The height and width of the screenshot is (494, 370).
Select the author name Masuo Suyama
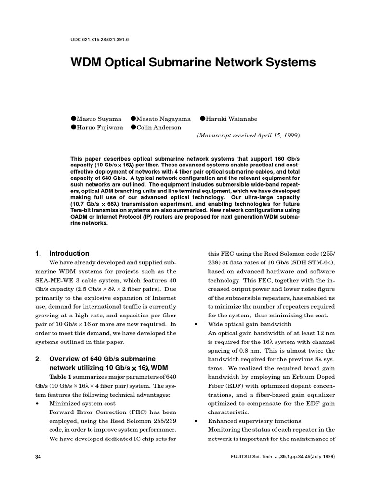coord(102,119)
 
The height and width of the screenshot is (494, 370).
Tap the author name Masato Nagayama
coord(163,119)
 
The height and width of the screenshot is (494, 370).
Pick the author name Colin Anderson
coord(159,127)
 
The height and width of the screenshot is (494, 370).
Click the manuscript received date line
coord(248,136)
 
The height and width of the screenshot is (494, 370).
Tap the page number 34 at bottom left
coord(39,456)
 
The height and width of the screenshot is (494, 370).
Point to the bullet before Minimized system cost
coord(38,403)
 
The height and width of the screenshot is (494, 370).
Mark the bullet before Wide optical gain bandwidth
coord(196,324)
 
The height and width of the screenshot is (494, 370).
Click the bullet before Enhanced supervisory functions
coord(196,421)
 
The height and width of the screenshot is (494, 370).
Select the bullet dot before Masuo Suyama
coord(74,119)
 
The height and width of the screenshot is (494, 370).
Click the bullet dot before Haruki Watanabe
coord(203,119)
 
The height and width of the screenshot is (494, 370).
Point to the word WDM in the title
coord(87,63)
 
